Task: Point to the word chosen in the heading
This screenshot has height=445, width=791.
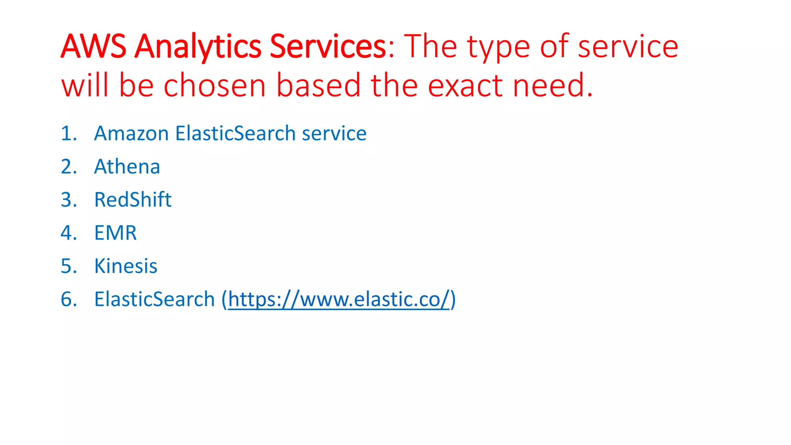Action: (214, 85)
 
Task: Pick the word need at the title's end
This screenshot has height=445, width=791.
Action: (548, 85)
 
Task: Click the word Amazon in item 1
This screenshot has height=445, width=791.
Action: (131, 133)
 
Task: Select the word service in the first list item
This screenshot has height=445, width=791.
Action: (334, 133)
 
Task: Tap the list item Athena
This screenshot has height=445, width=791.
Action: (127, 166)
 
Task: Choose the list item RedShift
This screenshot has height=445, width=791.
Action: (133, 200)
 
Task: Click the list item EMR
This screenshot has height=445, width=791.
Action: (115, 233)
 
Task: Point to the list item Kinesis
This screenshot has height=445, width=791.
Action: (126, 266)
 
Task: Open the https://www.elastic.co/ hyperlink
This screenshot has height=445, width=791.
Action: (339, 299)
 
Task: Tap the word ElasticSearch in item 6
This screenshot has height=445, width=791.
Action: (154, 299)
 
